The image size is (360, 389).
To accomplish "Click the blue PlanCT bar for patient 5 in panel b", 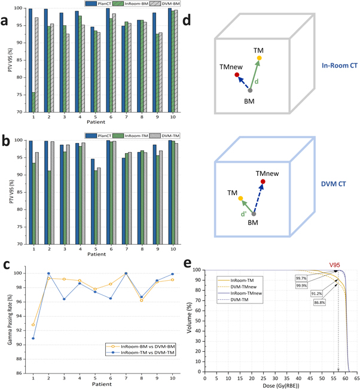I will tap(92, 201).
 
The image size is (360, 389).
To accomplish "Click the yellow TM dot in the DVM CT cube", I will tap(240, 198).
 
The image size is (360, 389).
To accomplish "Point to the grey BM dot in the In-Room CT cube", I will tap(250, 90).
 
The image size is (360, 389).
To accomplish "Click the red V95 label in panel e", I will tap(334, 264).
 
